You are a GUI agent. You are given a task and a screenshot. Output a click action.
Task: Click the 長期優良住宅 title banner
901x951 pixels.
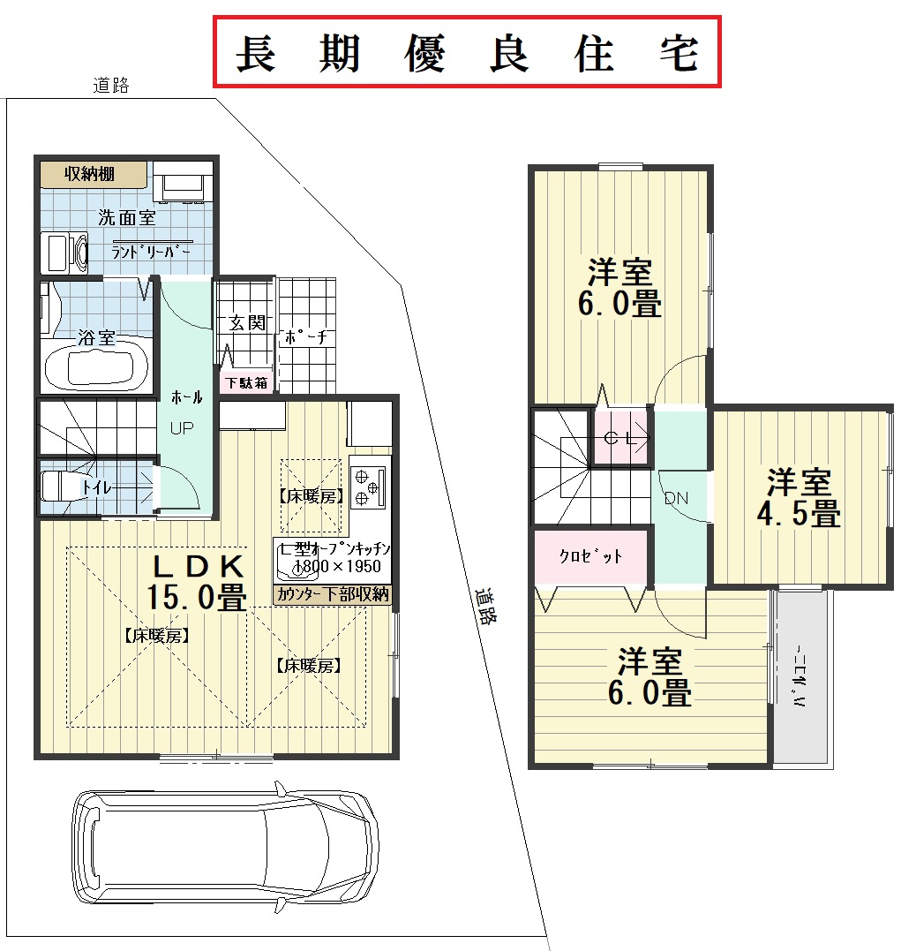[x=467, y=52]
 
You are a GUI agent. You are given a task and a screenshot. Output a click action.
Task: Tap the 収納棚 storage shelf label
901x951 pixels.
[x=90, y=174]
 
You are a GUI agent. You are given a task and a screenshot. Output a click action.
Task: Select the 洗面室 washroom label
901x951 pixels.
[x=127, y=217]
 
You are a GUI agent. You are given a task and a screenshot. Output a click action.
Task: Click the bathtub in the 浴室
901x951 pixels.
[x=96, y=369]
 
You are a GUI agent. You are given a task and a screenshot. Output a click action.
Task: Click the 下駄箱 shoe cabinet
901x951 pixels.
[x=247, y=382]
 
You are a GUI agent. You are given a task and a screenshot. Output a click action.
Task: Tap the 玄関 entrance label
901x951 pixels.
[x=247, y=322]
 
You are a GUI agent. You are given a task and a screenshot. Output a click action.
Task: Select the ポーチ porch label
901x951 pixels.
[x=306, y=337]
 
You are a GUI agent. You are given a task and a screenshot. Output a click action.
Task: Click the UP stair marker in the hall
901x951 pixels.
[x=182, y=428]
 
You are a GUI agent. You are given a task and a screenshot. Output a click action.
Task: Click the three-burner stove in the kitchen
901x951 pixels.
[x=368, y=486]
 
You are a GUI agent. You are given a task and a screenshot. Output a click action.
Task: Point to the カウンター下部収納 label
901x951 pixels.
[x=333, y=594]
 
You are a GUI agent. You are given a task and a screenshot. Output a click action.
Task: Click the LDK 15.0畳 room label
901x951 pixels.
[x=197, y=582]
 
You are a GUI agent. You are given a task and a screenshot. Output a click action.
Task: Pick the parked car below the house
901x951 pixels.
[x=225, y=847]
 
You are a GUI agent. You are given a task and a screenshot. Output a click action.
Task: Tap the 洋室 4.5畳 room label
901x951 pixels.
[x=799, y=497]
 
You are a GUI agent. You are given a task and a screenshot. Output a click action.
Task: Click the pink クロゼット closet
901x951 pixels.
[x=590, y=557]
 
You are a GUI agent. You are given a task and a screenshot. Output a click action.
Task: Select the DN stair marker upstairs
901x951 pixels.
[x=676, y=499]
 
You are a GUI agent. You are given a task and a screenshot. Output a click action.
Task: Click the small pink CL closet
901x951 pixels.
[x=620, y=438]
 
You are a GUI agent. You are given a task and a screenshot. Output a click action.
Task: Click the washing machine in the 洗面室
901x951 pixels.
[x=64, y=253]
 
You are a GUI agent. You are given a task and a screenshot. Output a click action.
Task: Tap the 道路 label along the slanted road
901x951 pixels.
[x=485, y=606]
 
